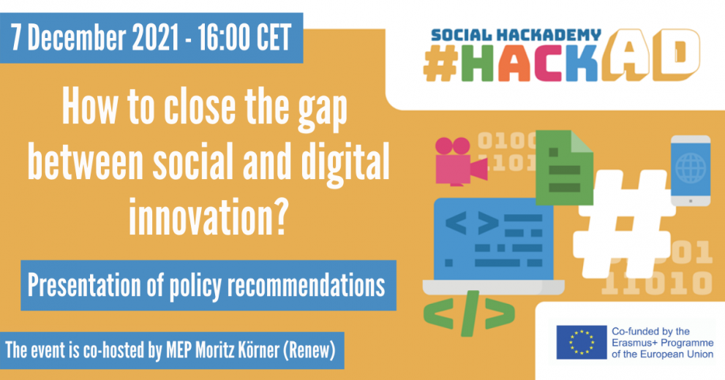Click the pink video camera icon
coord(459,162)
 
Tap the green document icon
coord(564,167)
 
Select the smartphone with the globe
coord(691,170)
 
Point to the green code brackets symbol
coord(469,313)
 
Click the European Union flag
coord(581,342)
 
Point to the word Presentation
coord(83,285)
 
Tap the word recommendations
coord(306,285)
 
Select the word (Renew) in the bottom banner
coord(309,351)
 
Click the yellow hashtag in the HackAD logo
coord(440,64)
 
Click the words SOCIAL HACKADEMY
coord(516,34)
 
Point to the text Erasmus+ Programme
coord(663,343)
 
